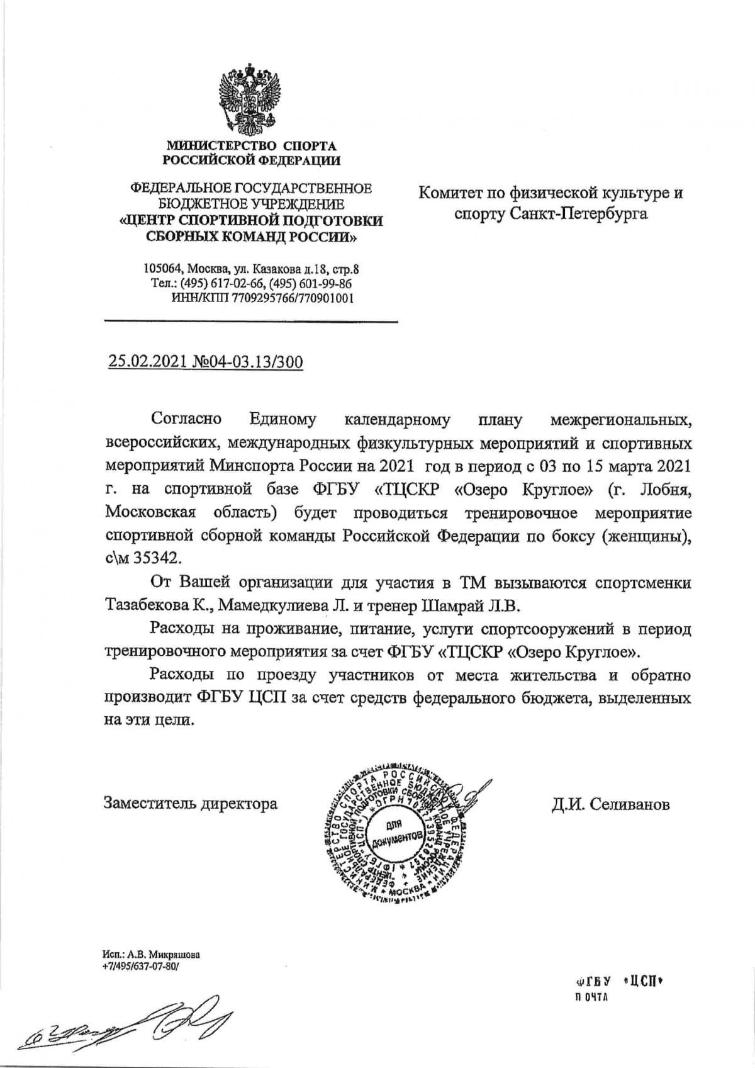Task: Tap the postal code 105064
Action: click(x=163, y=269)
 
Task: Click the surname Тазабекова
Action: click(x=154, y=605)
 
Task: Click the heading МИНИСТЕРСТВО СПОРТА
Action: click(x=251, y=147)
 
